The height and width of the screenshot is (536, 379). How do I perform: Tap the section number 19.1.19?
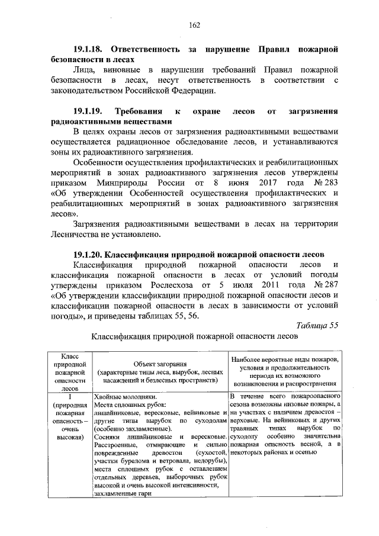pos(89,111)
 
